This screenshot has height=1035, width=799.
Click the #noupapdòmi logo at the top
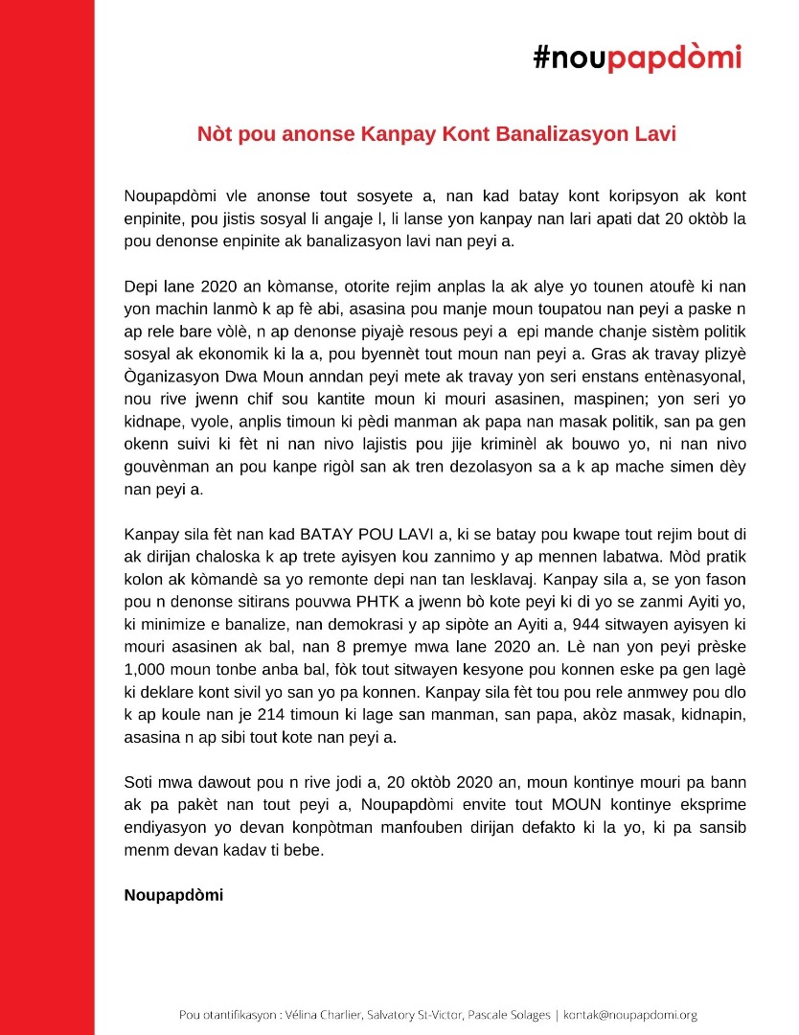point(638,58)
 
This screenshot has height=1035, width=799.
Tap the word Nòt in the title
point(216,133)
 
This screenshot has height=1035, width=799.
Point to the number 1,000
point(146,668)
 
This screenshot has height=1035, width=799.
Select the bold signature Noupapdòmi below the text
point(173,895)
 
